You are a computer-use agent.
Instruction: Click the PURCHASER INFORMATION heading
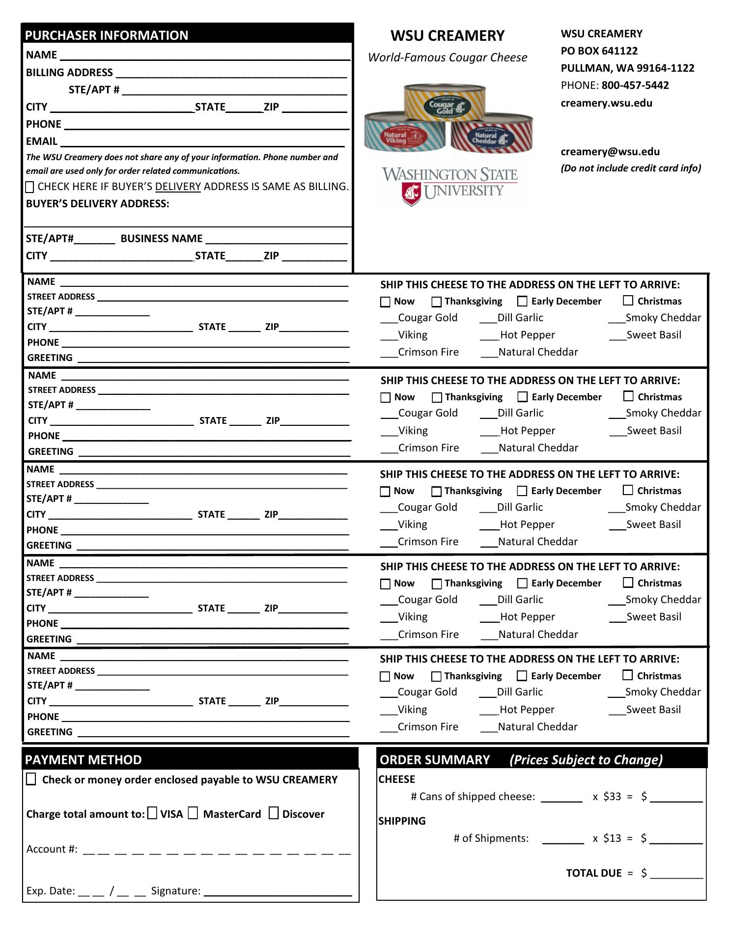pyautogui.click(x=107, y=35)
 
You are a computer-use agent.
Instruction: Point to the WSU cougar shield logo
pyautogui.click(x=411, y=194)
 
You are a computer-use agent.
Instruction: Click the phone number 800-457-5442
pyautogui.click(x=635, y=85)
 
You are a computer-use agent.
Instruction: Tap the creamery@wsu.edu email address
pyautogui.click(x=610, y=152)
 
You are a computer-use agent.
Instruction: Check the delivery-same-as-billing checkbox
pyautogui.click(x=30, y=187)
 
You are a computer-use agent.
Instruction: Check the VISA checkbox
pyautogui.click(x=152, y=813)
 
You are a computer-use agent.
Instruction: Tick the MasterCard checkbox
pyautogui.click(x=193, y=813)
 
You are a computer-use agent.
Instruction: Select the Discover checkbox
pyautogui.click(x=274, y=813)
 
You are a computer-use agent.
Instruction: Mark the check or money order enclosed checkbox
pyautogui.click(x=31, y=779)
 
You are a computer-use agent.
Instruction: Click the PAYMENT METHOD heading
pyautogui.click(x=84, y=760)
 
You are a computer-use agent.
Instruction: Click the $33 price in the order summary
pyautogui.click(x=612, y=797)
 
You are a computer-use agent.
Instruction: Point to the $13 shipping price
pyautogui.click(x=612, y=838)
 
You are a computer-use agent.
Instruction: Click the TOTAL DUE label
pyautogui.click(x=593, y=873)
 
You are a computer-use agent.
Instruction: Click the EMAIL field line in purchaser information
pyautogui.click(x=201, y=143)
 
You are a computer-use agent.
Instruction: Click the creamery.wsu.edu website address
pyautogui.click(x=606, y=103)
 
